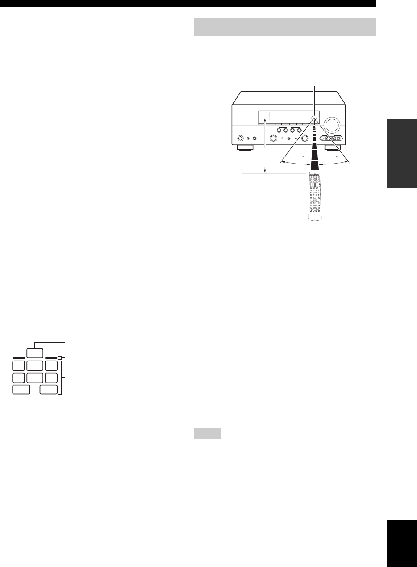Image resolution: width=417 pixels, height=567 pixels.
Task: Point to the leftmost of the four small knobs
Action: coord(279,131)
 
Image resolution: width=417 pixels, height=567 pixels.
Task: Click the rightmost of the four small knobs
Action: coord(300,131)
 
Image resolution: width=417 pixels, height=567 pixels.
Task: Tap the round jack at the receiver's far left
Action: coord(239,139)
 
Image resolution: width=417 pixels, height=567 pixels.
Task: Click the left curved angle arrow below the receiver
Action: coord(296,163)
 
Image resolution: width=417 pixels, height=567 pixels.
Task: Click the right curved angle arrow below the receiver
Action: coord(334,163)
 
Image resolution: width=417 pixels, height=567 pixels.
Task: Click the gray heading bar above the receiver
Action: coord(284,26)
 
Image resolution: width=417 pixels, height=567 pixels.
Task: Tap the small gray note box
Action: coord(207,433)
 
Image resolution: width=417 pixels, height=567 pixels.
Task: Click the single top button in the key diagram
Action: coord(35,352)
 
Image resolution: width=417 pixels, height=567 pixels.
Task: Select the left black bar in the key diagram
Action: coord(19,358)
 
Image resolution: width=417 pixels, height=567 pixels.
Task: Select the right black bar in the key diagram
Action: coord(51,358)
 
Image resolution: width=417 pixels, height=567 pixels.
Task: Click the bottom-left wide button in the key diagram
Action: coord(21,390)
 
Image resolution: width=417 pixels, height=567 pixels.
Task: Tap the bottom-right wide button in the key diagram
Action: coord(49,390)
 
